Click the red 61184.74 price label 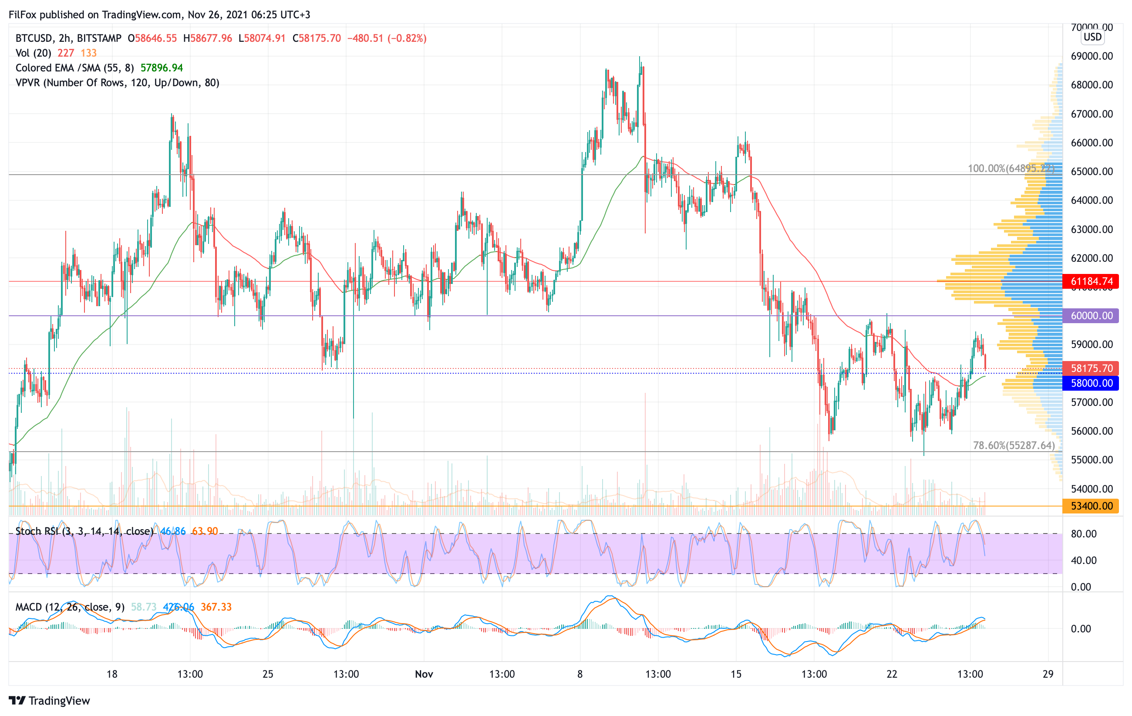[x=1091, y=281]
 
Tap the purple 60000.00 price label [x=1091, y=315]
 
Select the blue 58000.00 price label [x=1091, y=383]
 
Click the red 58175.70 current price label [x=1091, y=368]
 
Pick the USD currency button [x=1092, y=37]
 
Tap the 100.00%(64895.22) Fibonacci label [x=1011, y=168]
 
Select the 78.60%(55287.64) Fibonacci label [x=1014, y=445]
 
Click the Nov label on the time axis [x=424, y=674]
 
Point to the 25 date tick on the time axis [x=267, y=674]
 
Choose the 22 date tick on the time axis [x=892, y=674]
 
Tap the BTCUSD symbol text [x=34, y=38]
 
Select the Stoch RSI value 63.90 [x=205, y=531]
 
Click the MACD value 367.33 [x=216, y=607]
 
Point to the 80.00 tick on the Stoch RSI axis [x=1084, y=534]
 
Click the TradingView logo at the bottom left [x=49, y=700]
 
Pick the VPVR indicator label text [x=118, y=83]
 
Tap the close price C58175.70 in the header [x=317, y=38]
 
